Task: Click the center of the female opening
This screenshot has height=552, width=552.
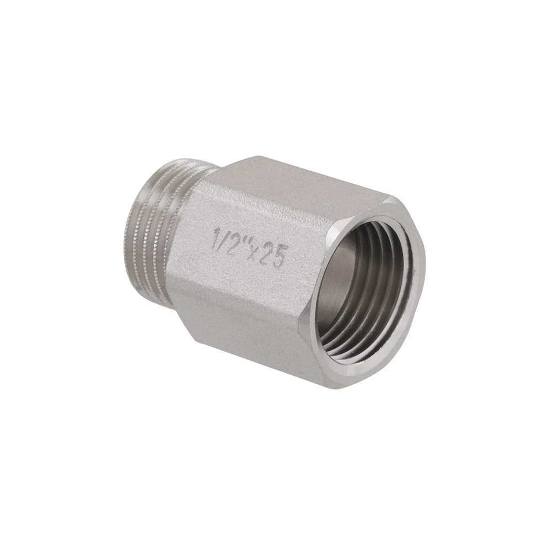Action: click(x=373, y=289)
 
